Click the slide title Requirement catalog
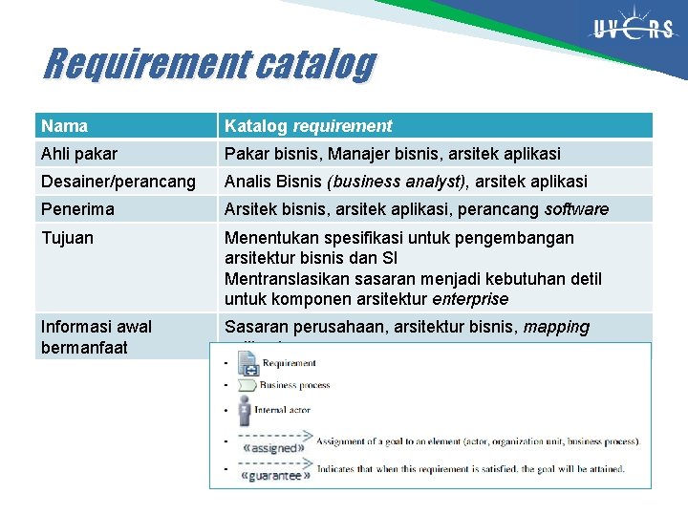pos(209,65)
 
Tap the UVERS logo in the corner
pos(632,29)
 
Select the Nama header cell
pos(64,126)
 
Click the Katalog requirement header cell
pos(308,126)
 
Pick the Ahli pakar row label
pos(79,154)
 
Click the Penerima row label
pos(77,209)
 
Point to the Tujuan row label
pos(67,238)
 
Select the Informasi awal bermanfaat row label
pos(96,336)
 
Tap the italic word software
pos(576,209)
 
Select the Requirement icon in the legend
pos(248,363)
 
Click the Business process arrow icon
pos(247,386)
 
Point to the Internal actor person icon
pos(246,410)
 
